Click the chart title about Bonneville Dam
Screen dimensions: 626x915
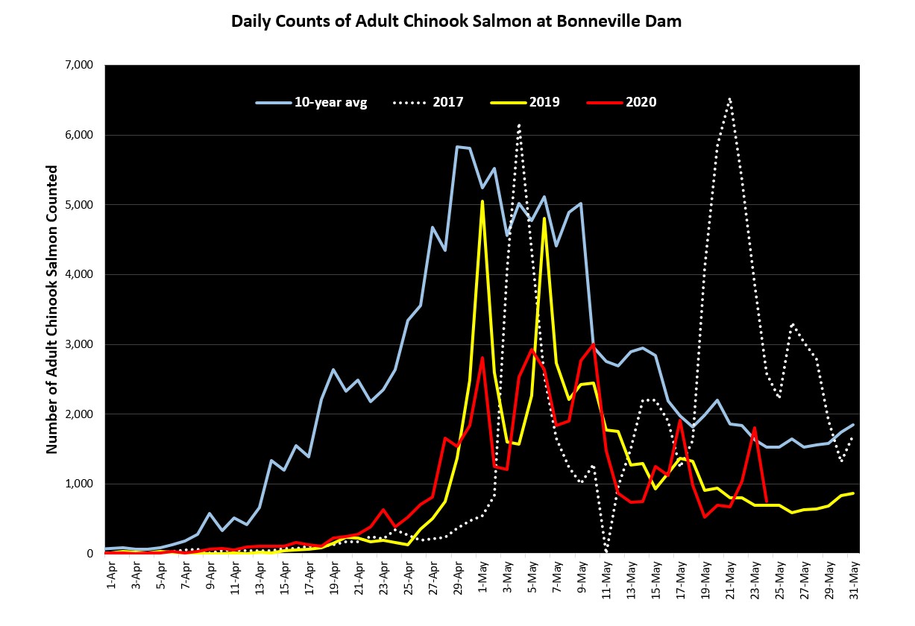[456, 21]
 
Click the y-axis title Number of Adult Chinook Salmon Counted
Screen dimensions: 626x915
[52, 309]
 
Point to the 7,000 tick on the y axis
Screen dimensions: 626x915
[81, 66]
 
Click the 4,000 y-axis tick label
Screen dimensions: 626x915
[81, 274]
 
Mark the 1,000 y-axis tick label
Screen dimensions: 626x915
[81, 484]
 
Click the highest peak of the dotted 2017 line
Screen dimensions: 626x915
[729, 98]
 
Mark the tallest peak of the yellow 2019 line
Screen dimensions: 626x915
[482, 200]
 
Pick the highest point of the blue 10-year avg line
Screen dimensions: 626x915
[457, 147]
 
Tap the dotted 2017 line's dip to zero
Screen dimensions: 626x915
[606, 552]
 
